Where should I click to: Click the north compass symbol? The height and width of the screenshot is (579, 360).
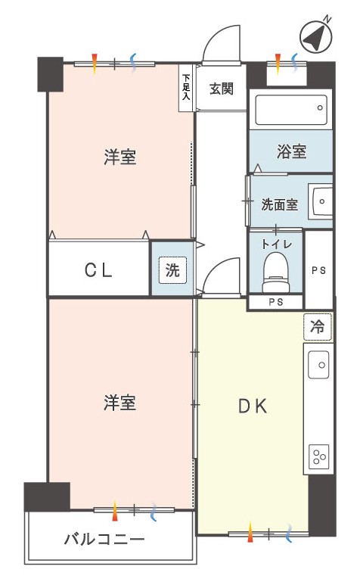point(315,36)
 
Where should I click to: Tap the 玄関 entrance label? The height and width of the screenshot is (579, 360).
point(222,89)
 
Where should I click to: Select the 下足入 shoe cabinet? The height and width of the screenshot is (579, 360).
point(186,88)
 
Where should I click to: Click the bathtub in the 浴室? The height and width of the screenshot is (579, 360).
point(291,110)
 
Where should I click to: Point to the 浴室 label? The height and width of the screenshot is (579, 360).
point(291,151)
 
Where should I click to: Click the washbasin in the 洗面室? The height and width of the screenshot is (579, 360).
point(321,201)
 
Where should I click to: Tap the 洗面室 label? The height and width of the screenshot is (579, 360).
point(279,204)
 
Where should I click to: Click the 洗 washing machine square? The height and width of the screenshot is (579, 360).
point(172,270)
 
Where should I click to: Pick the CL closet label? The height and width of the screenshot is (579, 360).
point(98,271)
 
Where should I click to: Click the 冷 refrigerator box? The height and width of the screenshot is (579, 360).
point(318,326)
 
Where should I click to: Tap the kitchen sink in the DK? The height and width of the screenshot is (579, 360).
point(318,365)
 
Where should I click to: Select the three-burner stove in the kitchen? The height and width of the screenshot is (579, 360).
point(318,456)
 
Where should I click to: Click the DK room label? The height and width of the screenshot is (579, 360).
point(253,406)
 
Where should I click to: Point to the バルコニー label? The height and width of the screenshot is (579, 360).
point(104,540)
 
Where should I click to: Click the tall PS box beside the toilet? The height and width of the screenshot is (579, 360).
point(318,269)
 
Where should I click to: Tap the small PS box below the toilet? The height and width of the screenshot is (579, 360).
point(275,302)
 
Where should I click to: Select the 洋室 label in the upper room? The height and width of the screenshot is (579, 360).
point(120,157)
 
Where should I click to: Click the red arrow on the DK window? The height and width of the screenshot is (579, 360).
point(250,531)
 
